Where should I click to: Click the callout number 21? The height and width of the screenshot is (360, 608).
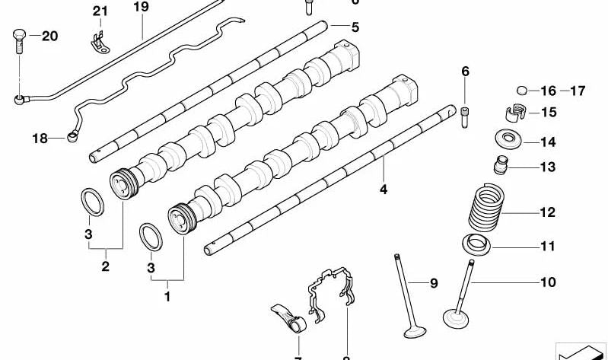(x=101, y=11)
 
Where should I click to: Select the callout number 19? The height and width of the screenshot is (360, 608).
(x=141, y=8)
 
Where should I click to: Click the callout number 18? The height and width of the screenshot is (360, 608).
(x=40, y=138)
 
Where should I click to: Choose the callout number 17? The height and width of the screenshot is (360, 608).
(x=577, y=91)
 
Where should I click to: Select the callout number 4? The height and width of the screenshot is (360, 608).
(x=384, y=190)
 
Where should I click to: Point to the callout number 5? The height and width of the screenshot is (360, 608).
(x=355, y=27)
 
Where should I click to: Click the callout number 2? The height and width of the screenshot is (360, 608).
(x=105, y=266)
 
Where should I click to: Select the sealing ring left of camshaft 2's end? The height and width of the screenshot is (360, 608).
(x=93, y=203)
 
